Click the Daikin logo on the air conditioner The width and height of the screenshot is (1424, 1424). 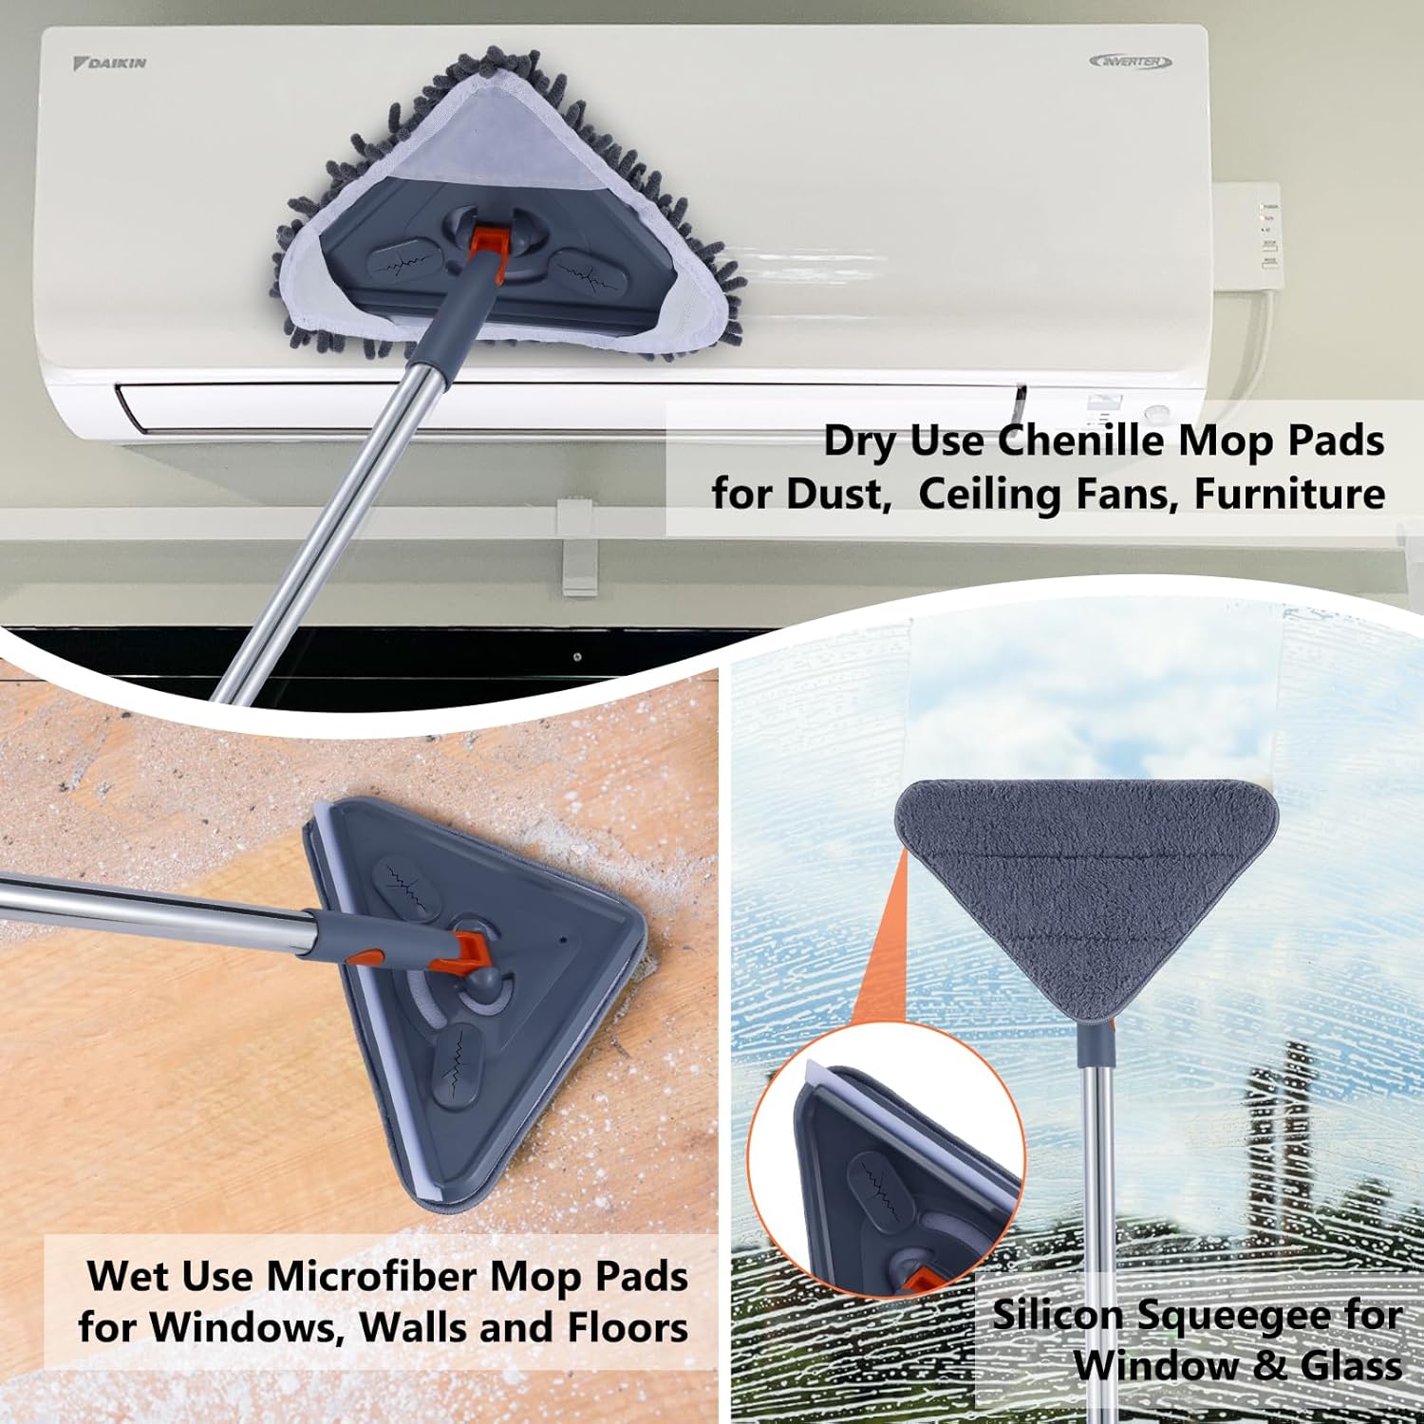[110, 63]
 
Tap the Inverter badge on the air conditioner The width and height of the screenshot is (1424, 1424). [1131, 62]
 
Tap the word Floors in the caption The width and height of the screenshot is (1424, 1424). [628, 1327]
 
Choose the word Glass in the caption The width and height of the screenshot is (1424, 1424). [1351, 1365]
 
